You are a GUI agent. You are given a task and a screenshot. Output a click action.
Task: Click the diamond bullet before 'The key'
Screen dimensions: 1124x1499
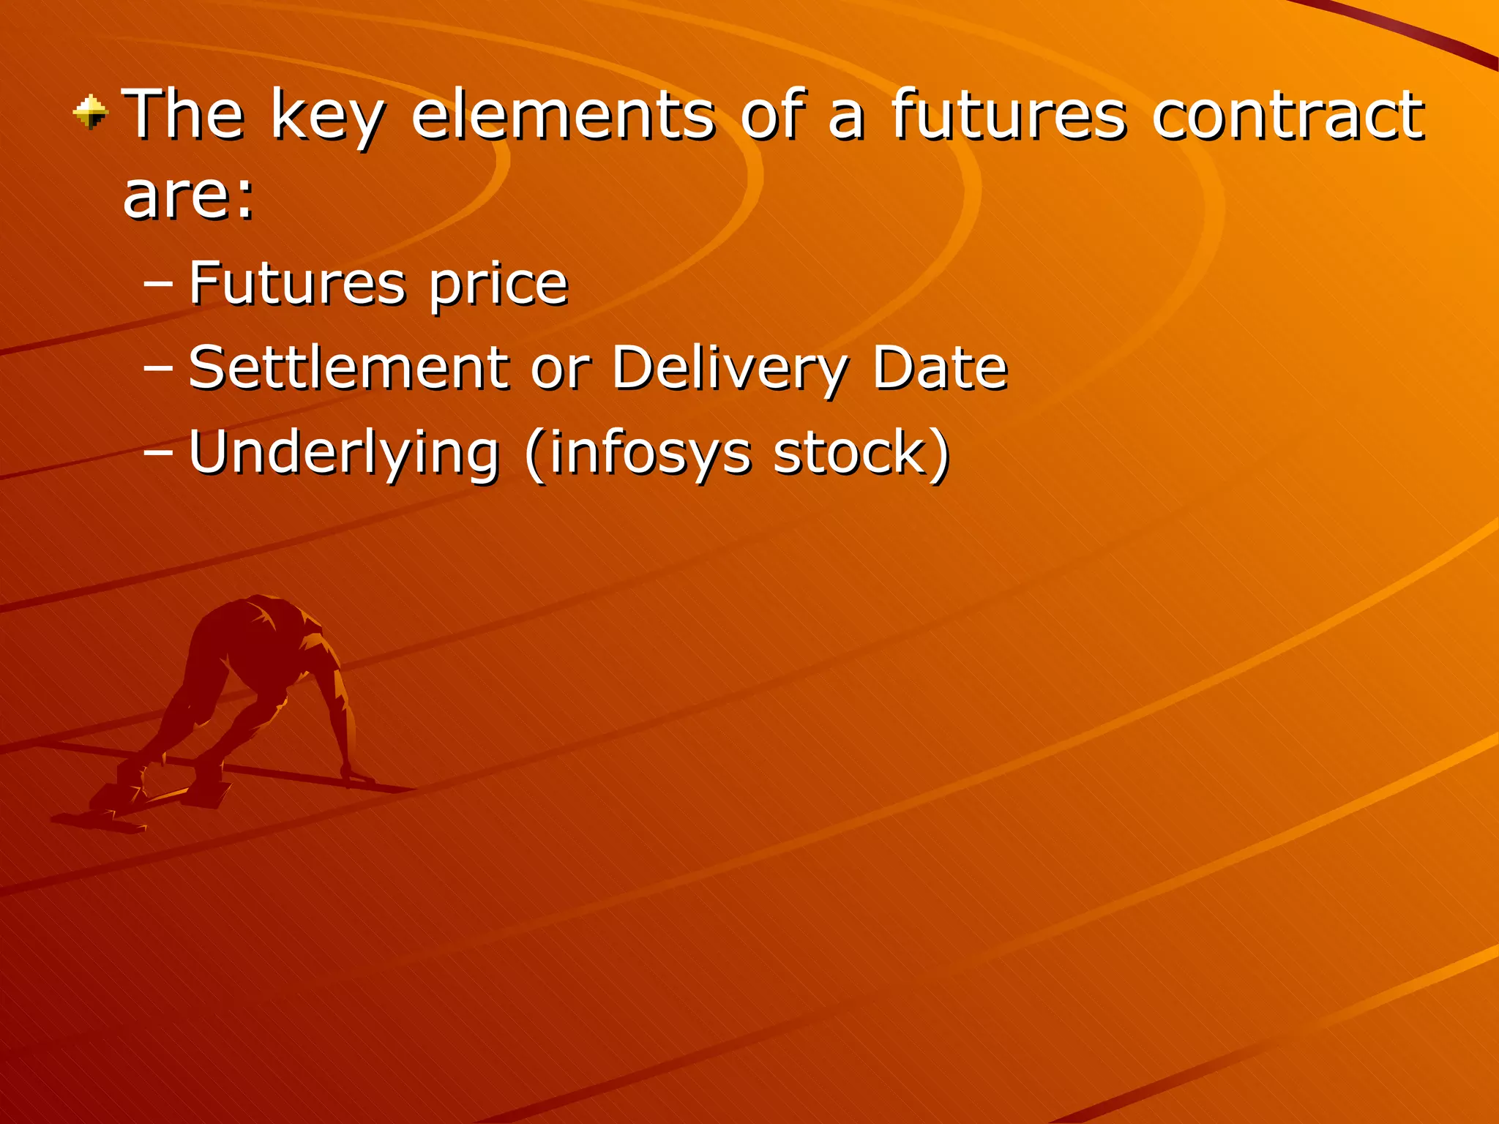pos(91,113)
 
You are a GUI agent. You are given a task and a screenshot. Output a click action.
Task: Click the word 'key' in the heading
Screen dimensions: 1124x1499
pos(327,117)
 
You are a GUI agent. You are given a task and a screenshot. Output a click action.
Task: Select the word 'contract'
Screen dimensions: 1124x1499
pos(1287,114)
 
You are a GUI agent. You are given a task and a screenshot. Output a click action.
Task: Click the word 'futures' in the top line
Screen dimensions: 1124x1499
pos(1009,114)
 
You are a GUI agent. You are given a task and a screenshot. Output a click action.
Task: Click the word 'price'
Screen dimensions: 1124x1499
pos(498,285)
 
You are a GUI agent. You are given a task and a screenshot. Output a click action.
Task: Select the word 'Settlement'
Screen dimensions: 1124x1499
pos(348,367)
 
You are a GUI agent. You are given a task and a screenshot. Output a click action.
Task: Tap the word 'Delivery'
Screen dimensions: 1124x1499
pos(729,370)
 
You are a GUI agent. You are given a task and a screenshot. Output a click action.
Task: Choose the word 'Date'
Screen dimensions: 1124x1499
pos(940,367)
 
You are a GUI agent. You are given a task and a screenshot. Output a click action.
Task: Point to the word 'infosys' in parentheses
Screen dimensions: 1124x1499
pos(651,454)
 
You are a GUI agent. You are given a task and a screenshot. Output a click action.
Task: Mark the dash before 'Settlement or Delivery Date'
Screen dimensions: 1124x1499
pos(159,368)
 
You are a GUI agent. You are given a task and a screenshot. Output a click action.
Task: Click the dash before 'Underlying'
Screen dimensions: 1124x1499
pos(159,453)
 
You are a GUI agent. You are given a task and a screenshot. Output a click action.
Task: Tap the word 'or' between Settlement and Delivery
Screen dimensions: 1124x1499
pos(561,370)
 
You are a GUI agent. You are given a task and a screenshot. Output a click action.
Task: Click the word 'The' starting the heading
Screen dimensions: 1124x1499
pos(184,114)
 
